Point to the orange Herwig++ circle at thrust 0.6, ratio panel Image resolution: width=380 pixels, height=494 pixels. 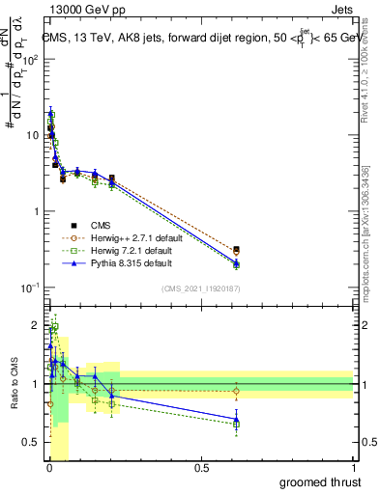click(237, 391)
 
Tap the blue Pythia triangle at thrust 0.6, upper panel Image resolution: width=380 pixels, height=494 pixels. click(237, 263)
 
